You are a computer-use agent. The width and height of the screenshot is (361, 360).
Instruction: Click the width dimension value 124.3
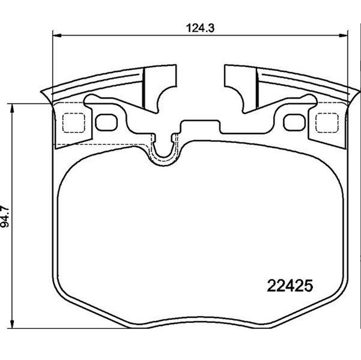tap(200, 28)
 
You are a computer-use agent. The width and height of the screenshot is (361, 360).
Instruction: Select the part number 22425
tap(290, 286)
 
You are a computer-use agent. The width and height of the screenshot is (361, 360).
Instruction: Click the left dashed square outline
tap(73, 122)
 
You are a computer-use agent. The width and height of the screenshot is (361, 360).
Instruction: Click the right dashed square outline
tap(327, 122)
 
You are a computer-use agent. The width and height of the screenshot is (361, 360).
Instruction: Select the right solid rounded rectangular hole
tap(294, 122)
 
